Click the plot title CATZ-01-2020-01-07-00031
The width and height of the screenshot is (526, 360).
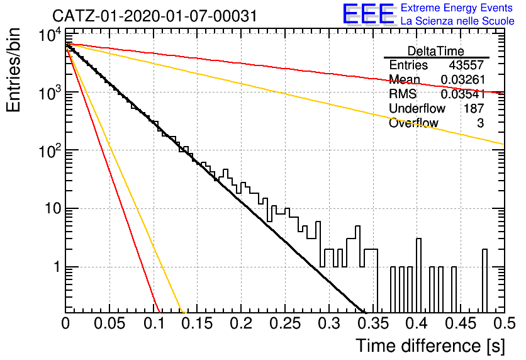[155, 16]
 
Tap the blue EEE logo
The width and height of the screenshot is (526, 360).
[368, 14]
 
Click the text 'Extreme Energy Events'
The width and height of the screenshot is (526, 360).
[457, 8]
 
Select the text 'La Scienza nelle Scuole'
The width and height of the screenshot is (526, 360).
[457, 21]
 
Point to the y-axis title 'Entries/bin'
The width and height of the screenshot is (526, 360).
[13, 70]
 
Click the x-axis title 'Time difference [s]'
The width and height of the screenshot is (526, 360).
[430, 346]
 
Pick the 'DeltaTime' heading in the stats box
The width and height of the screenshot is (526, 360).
[436, 51]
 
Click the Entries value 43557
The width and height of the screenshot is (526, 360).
[467, 65]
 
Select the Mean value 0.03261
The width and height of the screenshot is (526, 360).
[462, 79]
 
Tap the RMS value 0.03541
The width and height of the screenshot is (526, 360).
[462, 94]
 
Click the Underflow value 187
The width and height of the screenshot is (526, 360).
[474, 108]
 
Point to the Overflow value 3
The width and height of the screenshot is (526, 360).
[480, 123]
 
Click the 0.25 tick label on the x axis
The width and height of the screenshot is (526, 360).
[285, 323]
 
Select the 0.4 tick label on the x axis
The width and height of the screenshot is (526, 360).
[417, 323]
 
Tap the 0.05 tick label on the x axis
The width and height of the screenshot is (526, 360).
[109, 323]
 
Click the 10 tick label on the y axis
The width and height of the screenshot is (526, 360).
[53, 208]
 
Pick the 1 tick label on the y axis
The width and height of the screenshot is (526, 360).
[57, 267]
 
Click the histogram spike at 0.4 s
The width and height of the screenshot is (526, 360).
[418, 275]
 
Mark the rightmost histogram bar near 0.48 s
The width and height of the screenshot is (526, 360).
[484, 281]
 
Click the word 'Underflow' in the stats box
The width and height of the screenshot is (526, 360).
[417, 108]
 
